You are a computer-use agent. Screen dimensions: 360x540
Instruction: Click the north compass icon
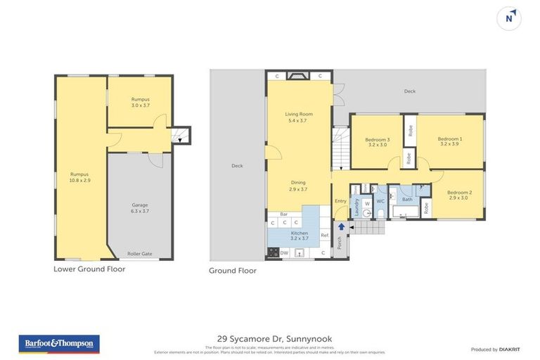point(509,19)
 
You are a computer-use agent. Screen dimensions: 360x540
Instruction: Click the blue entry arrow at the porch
point(342,226)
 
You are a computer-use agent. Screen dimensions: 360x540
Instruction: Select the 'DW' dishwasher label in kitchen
point(284,252)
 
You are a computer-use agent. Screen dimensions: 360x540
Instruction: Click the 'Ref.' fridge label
point(324,235)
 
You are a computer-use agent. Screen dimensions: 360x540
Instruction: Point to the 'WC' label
point(380,201)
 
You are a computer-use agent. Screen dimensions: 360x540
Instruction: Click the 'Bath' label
point(407,200)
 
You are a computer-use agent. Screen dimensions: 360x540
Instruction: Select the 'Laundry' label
point(356,207)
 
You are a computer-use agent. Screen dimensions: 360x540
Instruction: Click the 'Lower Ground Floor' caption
point(89,269)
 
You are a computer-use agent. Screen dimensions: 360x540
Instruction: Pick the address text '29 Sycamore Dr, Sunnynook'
point(270,337)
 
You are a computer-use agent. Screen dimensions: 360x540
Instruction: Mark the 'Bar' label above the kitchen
point(283,214)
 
